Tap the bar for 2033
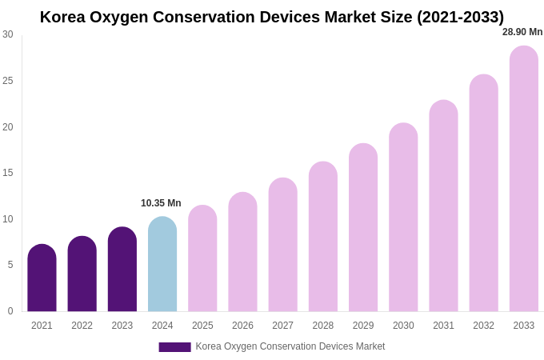[x=524, y=179]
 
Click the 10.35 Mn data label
[x=161, y=203]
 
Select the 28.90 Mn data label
[x=522, y=32]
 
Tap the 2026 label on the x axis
[x=242, y=326]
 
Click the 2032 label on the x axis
[x=483, y=326]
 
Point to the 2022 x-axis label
[x=82, y=326]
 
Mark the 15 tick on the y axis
[x=7, y=173]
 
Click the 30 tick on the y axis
[x=7, y=34]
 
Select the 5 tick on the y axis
[x=10, y=265]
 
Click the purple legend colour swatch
[x=174, y=347]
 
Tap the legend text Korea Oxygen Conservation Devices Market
[x=290, y=346]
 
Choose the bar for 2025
[x=202, y=259]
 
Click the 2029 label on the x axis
[x=363, y=326]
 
